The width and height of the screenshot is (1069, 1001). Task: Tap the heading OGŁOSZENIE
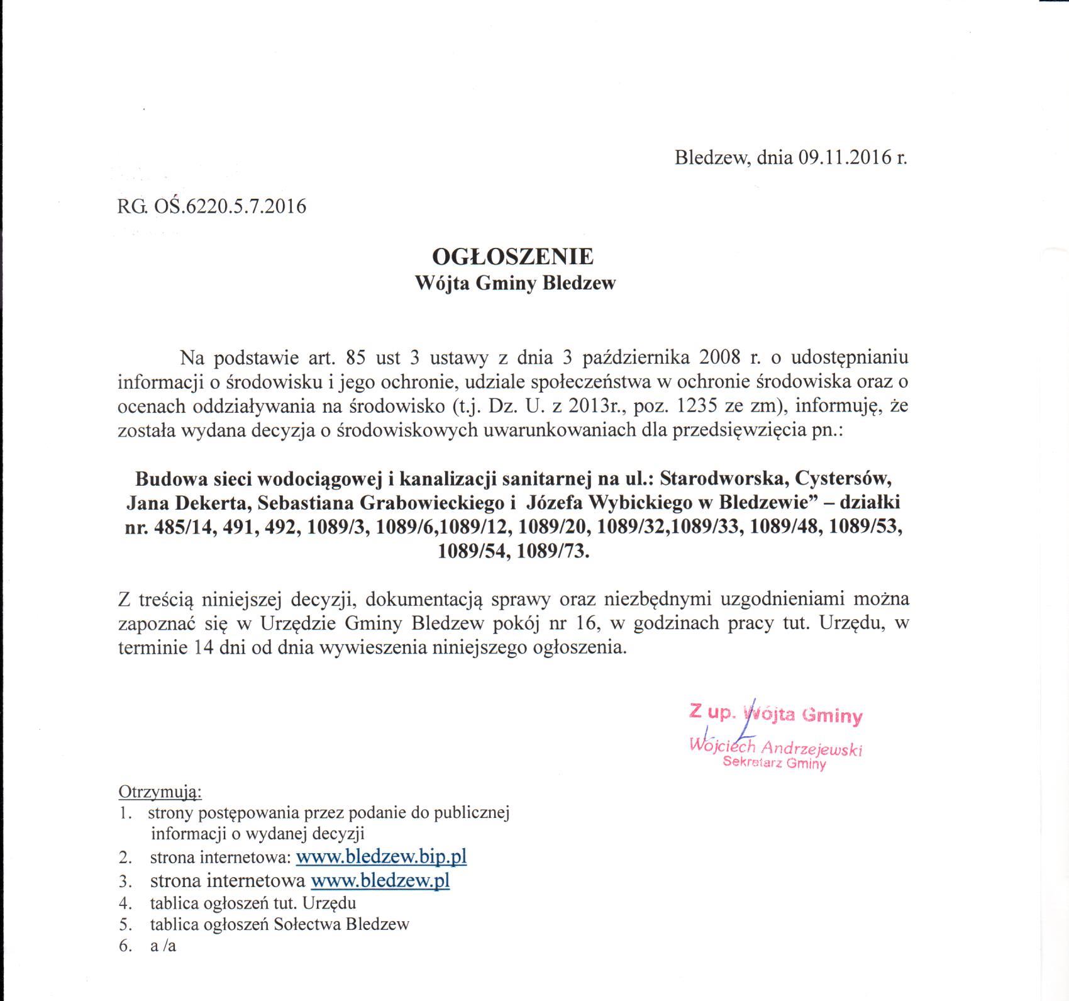click(x=512, y=257)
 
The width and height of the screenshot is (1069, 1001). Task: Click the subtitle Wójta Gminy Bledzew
click(x=515, y=284)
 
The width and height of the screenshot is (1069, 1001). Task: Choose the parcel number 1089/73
click(x=552, y=552)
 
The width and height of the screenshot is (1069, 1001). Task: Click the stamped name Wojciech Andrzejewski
click(x=776, y=747)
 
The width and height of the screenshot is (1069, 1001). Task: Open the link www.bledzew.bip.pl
click(x=381, y=856)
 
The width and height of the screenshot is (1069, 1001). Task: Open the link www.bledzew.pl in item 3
click(x=380, y=880)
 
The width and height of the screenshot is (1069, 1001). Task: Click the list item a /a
click(x=163, y=946)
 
